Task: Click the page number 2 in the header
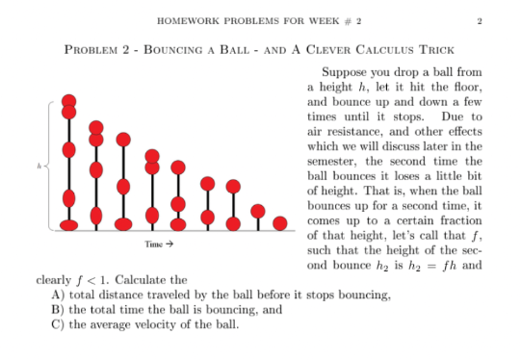pos(479,21)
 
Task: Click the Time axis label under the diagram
pos(157,244)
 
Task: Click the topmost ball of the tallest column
pos(68,102)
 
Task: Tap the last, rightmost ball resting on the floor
pos(279,224)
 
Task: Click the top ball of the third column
pos(123,141)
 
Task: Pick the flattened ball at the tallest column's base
pos(68,225)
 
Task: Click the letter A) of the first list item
pos(58,296)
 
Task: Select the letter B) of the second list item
pos(58,310)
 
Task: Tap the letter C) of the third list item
pos(58,324)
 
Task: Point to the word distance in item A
pos(123,296)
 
